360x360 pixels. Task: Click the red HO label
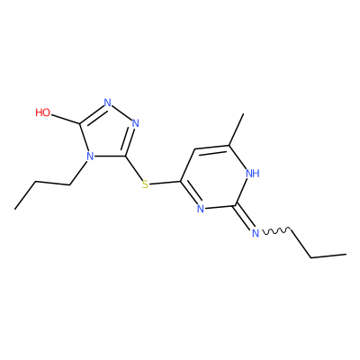click(43, 112)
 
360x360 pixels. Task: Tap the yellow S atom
click(146, 184)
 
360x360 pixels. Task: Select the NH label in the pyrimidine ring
click(252, 173)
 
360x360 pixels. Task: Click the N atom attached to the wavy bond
click(256, 233)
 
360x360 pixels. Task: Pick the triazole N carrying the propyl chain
click(90, 157)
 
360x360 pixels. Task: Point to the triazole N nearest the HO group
click(108, 103)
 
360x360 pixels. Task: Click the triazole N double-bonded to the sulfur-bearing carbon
click(136, 123)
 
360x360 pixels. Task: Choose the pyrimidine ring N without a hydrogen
click(201, 209)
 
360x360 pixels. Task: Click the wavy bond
click(276, 230)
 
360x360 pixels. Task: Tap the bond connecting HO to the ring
click(66, 119)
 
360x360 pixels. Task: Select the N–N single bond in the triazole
click(121, 113)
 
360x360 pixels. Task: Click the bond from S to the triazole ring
click(135, 168)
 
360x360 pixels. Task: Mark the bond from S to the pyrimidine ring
click(165, 183)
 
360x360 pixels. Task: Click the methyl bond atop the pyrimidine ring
click(237, 130)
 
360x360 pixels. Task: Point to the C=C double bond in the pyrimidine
click(212, 148)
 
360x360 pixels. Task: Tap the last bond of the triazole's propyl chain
click(25, 195)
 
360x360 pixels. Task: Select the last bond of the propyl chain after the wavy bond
click(328, 256)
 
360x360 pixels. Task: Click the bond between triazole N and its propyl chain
click(78, 174)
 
